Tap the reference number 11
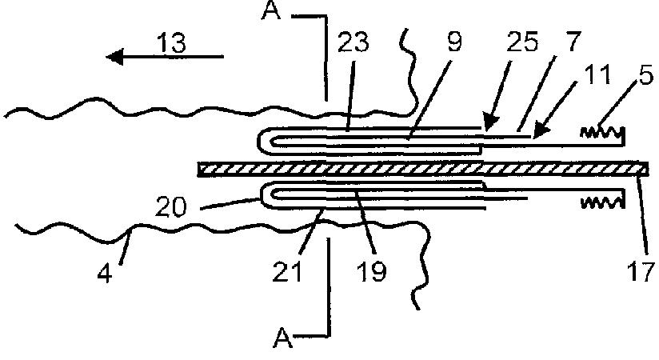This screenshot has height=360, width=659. click(597, 77)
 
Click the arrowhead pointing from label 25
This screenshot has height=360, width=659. click(485, 126)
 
